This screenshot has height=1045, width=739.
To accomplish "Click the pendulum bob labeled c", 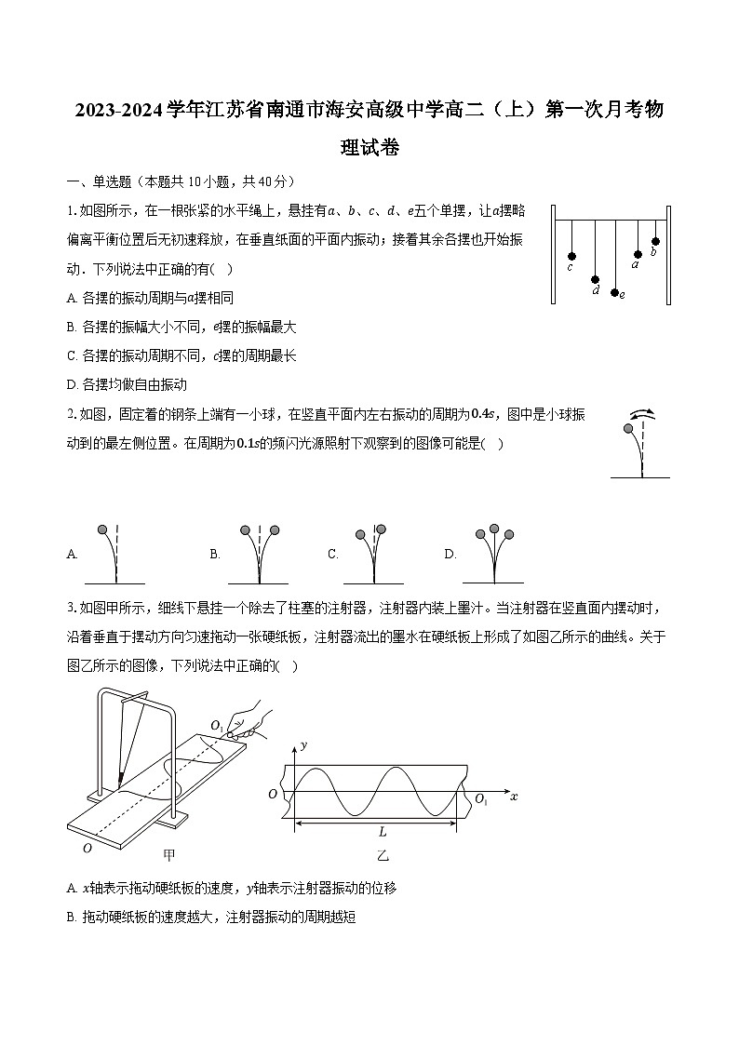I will tap(571, 256).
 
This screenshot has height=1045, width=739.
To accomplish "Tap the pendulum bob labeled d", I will tap(595, 278).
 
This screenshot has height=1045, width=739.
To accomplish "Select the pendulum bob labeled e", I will tap(614, 292).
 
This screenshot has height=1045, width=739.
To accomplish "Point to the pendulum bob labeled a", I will tap(638, 253).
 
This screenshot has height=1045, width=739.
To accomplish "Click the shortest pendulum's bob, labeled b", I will tap(655, 241).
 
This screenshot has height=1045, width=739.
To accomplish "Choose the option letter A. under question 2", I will tap(73, 554).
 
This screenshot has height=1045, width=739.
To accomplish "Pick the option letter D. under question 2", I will tap(450, 554).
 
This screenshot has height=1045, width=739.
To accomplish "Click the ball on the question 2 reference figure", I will tap(630, 429).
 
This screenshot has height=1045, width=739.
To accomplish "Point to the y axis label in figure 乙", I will tap(303, 746).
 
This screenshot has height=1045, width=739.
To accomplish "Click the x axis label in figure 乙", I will tap(514, 797).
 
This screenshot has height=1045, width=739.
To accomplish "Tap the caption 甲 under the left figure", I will tap(168, 852).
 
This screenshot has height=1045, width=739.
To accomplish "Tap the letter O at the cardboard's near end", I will tap(87, 848).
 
